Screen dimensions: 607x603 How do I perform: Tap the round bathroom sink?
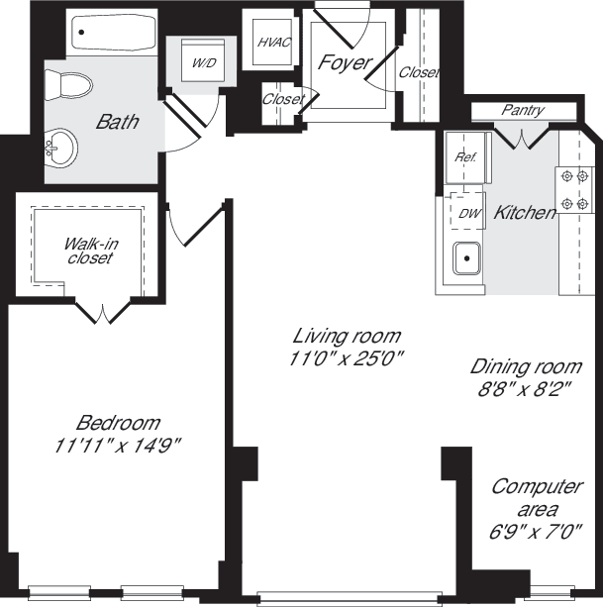59,150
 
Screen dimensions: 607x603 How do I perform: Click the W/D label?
203,63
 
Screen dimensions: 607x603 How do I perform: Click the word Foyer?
344,62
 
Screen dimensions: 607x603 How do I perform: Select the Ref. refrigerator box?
464,157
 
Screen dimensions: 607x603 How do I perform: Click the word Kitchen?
524,212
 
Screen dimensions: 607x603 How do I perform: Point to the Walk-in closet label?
88,251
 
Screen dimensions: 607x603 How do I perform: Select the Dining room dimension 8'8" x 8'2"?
525,388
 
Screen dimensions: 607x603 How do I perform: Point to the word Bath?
117,123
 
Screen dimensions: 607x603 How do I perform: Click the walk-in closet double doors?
104,313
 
